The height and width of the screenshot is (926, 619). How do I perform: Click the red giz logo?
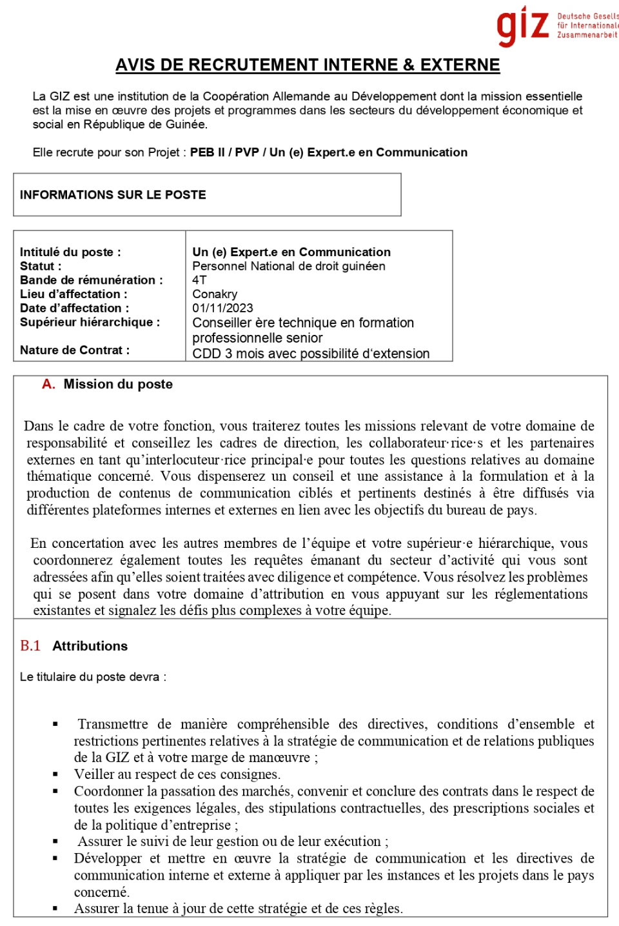[522, 26]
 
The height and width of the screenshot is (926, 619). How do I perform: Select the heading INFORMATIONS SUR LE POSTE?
[113, 195]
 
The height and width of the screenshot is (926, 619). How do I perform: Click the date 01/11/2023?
[222, 308]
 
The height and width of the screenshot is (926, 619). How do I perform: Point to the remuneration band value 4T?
[199, 280]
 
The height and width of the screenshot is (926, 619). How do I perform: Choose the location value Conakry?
[215, 294]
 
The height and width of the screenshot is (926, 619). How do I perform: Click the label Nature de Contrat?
[74, 350]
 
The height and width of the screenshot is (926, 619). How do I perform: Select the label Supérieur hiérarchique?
[90, 322]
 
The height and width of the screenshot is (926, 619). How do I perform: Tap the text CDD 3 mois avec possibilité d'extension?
[311, 354]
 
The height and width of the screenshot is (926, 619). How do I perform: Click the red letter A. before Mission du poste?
[48, 385]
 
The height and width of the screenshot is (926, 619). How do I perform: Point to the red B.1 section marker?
[30, 646]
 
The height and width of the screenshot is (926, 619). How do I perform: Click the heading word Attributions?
[90, 646]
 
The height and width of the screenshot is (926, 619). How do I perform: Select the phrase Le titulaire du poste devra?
[92, 677]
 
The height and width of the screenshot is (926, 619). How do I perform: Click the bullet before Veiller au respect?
[55, 774]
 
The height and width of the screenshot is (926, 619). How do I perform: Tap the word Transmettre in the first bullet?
[113, 724]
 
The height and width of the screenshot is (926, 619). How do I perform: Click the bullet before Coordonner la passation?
[55, 791]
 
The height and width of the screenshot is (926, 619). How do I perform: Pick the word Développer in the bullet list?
[108, 858]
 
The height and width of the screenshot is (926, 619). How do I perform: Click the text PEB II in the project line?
[207, 152]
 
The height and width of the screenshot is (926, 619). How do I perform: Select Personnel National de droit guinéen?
[288, 266]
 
